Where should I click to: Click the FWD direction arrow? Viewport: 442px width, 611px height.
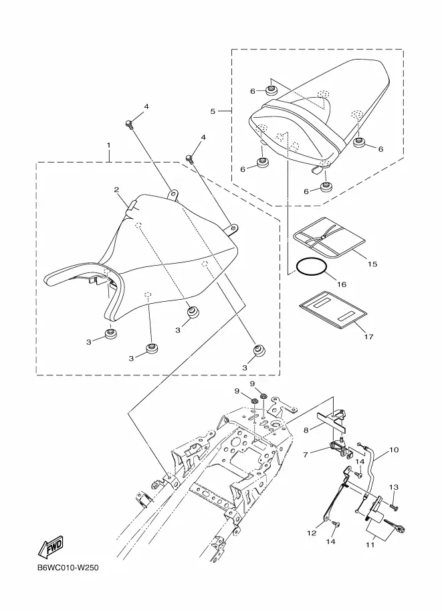(50, 548)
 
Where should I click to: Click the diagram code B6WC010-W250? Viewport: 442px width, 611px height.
(68, 568)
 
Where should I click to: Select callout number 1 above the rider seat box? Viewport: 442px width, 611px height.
(108, 145)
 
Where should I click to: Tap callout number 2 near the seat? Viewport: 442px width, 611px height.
(116, 190)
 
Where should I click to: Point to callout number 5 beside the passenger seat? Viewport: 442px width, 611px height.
(213, 111)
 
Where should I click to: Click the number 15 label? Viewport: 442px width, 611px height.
(372, 264)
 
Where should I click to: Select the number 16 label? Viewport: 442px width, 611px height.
(341, 284)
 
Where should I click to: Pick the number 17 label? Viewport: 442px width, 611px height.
(368, 337)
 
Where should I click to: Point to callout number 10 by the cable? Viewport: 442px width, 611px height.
(394, 450)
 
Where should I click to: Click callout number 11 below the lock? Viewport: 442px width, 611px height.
(370, 545)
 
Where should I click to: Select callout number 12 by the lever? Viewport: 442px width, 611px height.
(312, 533)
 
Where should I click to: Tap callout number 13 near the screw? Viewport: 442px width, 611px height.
(393, 487)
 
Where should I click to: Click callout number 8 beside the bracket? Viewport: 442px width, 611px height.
(306, 430)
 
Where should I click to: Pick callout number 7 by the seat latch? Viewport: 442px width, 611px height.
(306, 454)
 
